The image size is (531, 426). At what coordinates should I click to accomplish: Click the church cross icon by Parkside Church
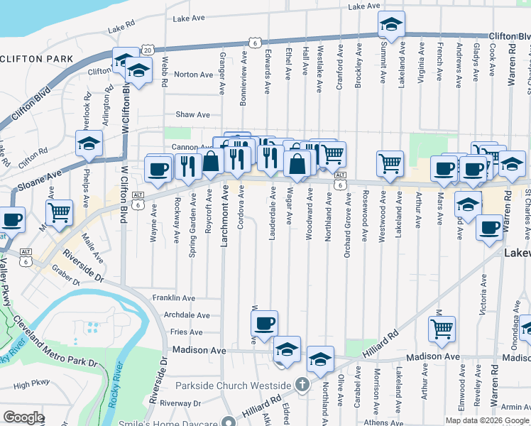pyautogui.click(x=302, y=386)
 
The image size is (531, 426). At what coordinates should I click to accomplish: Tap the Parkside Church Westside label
pyautogui.click(x=236, y=386)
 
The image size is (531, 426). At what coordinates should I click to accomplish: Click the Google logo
pyautogui.click(x=23, y=417)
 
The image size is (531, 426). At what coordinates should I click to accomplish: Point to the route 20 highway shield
pyautogui.click(x=147, y=50)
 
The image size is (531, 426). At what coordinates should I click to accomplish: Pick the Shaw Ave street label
pyautogui.click(x=193, y=114)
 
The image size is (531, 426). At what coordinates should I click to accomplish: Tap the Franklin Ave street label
pyautogui.click(x=174, y=298)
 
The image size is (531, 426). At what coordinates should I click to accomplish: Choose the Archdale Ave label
pyautogui.click(x=187, y=315)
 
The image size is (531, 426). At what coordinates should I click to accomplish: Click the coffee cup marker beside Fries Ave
pyautogui.click(x=265, y=324)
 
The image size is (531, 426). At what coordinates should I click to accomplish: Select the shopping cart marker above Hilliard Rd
pyautogui.click(x=442, y=329)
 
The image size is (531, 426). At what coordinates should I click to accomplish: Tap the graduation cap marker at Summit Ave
pyautogui.click(x=390, y=25)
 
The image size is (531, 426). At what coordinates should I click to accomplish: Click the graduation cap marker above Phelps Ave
pyautogui.click(x=89, y=144)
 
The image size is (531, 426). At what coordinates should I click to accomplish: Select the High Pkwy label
pyautogui.click(x=31, y=385)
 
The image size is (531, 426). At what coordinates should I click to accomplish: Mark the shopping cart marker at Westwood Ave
pyautogui.click(x=390, y=163)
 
